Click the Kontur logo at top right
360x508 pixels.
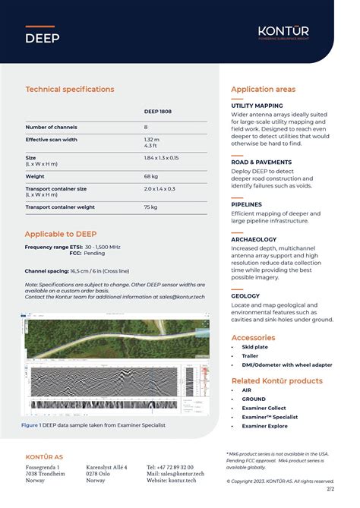[283, 33]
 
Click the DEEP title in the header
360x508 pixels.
[42, 38]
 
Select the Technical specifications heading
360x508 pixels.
[70, 90]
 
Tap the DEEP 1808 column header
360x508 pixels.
[158, 112]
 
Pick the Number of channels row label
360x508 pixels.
[52, 128]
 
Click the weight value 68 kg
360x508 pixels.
[150, 176]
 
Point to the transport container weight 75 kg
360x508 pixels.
[150, 207]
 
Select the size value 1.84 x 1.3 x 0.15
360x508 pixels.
[161, 157]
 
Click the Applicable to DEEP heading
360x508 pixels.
[61, 234]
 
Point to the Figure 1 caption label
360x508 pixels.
[30, 425]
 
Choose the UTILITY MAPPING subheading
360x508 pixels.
[257, 106]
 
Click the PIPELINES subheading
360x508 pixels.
[246, 204]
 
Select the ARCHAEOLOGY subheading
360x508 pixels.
[254, 239]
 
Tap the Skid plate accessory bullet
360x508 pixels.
[254, 347]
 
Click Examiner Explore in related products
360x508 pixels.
[265, 426]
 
